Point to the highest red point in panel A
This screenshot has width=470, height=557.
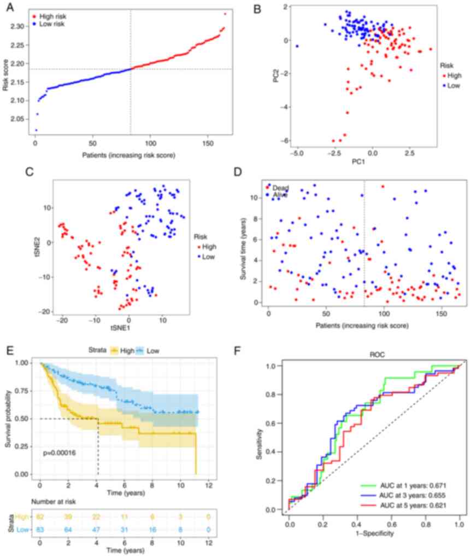pyautogui.click(x=225, y=14)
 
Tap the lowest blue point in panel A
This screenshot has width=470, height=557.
pyautogui.click(x=36, y=130)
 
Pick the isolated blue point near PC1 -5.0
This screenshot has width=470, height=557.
pyautogui.click(x=297, y=47)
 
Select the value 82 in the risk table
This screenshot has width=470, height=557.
pyautogui.click(x=40, y=517)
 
